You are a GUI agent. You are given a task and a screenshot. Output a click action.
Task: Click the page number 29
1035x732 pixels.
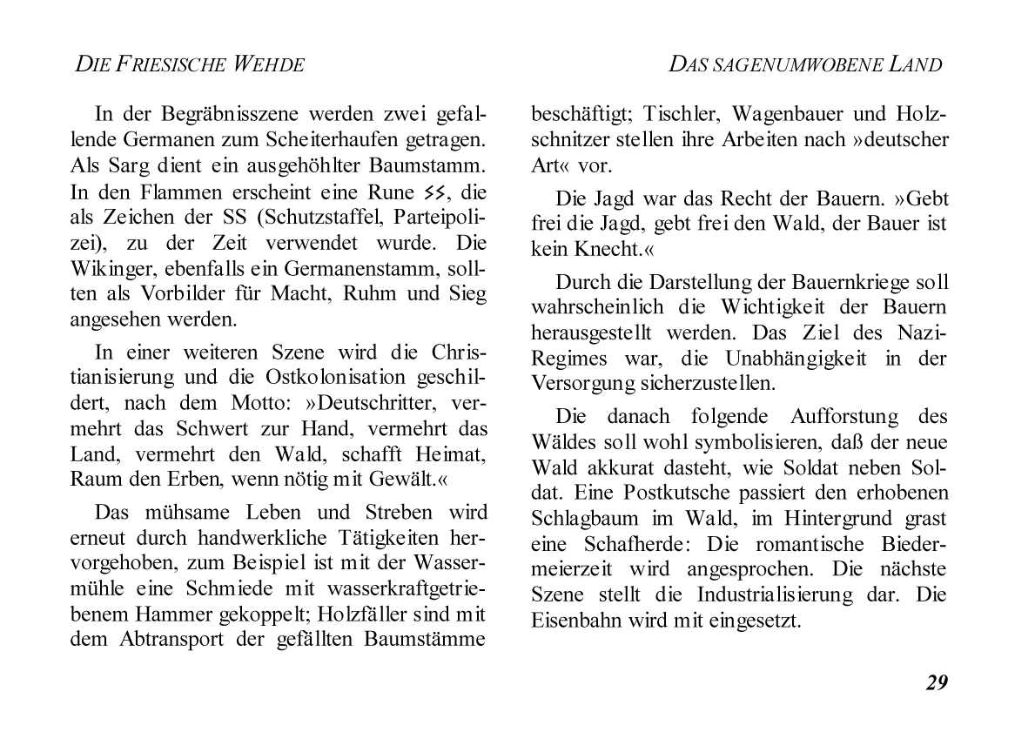pos(936,682)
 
